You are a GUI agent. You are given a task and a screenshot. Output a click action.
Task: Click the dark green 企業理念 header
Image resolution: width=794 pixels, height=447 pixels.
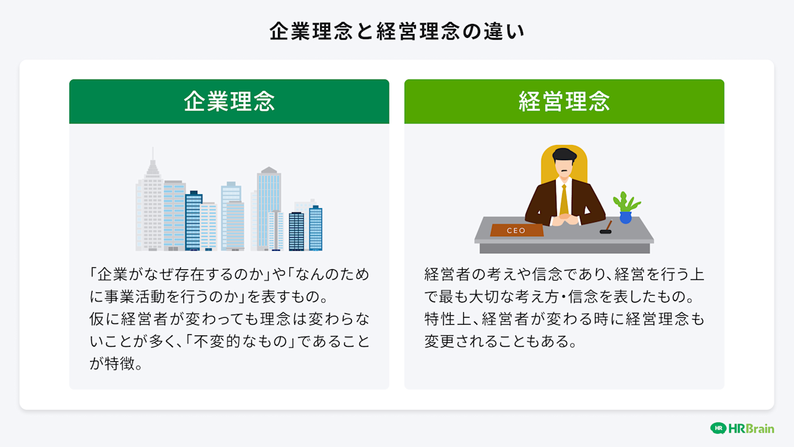pyautogui.click(x=229, y=102)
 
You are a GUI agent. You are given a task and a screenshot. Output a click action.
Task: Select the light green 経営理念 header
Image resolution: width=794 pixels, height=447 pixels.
pyautogui.click(x=564, y=102)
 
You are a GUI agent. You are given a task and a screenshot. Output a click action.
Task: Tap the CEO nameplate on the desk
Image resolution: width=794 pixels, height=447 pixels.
pyautogui.click(x=516, y=231)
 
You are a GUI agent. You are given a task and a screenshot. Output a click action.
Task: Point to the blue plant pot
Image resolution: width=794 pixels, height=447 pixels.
pyautogui.click(x=625, y=218)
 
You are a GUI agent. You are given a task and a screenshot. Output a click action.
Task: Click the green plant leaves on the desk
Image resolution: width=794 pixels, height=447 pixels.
pyautogui.click(x=626, y=202)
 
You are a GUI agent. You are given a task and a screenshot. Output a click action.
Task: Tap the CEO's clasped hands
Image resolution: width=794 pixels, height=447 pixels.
pyautogui.click(x=565, y=219)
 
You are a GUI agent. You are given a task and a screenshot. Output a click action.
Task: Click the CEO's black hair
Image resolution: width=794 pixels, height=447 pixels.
pyautogui.click(x=565, y=153)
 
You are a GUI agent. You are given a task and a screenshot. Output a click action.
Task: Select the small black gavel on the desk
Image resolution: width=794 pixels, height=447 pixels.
pyautogui.click(x=606, y=228)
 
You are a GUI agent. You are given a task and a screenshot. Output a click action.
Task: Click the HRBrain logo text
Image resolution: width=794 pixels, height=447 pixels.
pyautogui.click(x=751, y=428)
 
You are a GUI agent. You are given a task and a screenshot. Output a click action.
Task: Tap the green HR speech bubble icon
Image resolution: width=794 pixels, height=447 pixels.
pyautogui.click(x=718, y=428)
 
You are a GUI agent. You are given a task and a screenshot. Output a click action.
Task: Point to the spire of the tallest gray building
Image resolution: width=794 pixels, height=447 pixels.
pyautogui.click(x=152, y=154)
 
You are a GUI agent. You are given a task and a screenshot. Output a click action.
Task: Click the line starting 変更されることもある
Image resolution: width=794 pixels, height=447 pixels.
pyautogui.click(x=500, y=342)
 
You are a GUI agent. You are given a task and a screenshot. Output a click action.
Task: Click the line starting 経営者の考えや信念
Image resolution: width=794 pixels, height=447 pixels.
pyautogui.click(x=564, y=275)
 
